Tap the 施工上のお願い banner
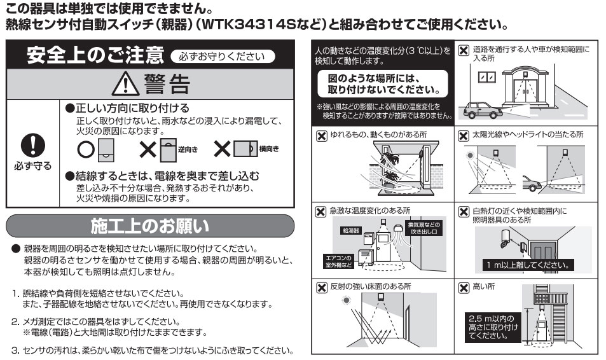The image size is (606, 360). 149,226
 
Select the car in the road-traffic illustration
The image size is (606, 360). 481,111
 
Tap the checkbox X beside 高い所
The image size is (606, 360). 464,287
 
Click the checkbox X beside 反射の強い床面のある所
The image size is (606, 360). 321,287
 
